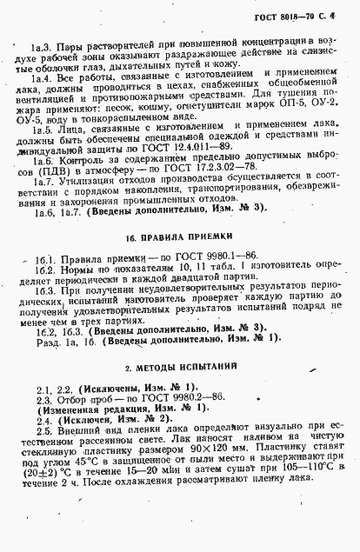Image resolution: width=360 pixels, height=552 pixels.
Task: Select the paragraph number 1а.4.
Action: [x=40, y=76]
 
